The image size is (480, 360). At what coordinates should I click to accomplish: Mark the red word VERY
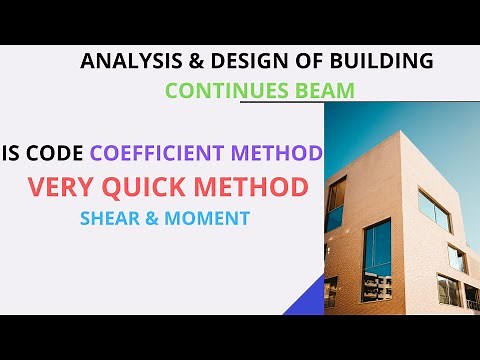[x=66, y=186]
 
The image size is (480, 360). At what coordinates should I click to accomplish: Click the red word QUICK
[x=157, y=186]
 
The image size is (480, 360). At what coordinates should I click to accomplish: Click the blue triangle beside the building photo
[x=311, y=297]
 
